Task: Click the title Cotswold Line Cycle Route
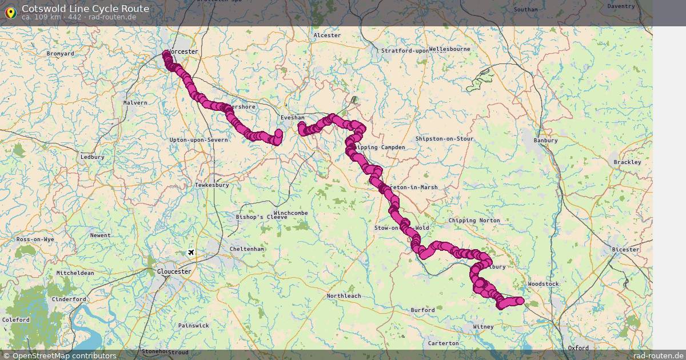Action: click(x=85, y=9)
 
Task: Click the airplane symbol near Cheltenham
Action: click(x=192, y=253)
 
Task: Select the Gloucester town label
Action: click(x=174, y=271)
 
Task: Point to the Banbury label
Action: click(x=545, y=140)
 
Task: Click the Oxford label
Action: click(x=578, y=347)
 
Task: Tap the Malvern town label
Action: click(x=135, y=103)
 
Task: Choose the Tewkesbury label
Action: click(x=212, y=185)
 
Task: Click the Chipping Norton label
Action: click(x=474, y=221)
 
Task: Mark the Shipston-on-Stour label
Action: click(x=444, y=139)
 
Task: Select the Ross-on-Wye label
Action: click(x=35, y=239)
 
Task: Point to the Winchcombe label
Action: click(x=290, y=213)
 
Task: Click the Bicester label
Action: click(x=625, y=250)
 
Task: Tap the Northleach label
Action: click(x=344, y=296)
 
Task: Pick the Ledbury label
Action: click(x=92, y=157)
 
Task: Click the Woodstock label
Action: click(x=544, y=284)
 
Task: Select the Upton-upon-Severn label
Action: click(x=199, y=140)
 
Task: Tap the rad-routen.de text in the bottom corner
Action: click(x=657, y=355)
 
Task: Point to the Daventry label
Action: click(x=621, y=6)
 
